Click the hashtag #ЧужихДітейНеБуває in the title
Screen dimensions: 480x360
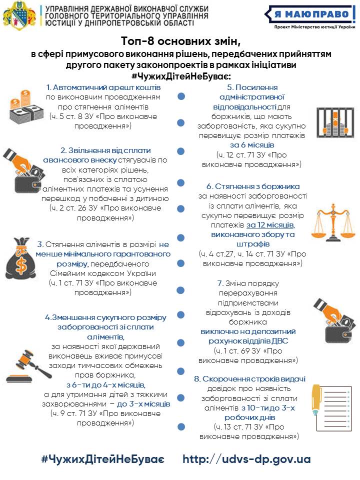[x=180, y=75]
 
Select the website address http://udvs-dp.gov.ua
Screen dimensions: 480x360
[x=246, y=459]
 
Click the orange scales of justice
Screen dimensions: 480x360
[x=331, y=220]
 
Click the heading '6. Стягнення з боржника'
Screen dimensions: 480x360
[x=253, y=186]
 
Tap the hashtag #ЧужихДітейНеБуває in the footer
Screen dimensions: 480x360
[x=102, y=459]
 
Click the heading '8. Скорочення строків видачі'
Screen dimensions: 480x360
[x=250, y=378]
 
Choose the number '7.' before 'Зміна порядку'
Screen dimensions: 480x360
[x=220, y=283]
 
